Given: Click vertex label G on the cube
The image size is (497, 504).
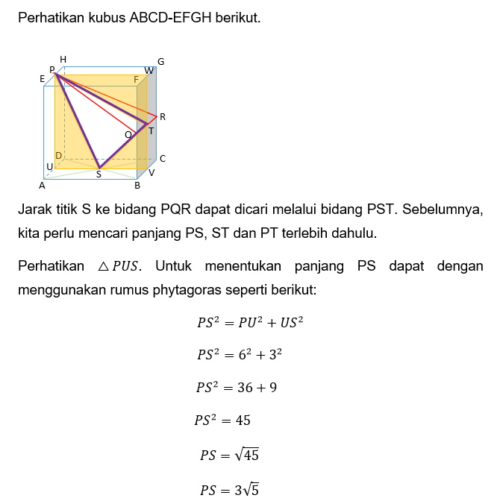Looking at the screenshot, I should tap(160, 61).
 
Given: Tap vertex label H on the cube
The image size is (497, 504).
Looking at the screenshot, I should tap(63, 60).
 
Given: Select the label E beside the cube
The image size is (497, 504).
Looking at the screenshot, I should tap(42, 78).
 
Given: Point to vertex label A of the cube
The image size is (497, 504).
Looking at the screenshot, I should tap(42, 185).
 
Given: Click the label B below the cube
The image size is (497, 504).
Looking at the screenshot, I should tap(137, 185).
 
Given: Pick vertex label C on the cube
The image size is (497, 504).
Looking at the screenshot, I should tap(162, 159).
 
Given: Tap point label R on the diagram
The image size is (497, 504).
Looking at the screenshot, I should tap(162, 117).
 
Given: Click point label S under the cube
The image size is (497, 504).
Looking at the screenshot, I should tap(99, 174).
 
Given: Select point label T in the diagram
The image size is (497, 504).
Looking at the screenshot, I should tap(151, 131).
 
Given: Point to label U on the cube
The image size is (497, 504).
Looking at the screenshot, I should tap(49, 167).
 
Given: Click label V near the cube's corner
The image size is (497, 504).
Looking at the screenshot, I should tap(151, 172).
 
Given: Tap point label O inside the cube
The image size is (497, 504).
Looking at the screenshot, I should tap(128, 134).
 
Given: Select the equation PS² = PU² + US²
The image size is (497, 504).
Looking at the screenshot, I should tap(249, 323).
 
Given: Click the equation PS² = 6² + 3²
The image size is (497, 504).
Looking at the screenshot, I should tap(239, 355).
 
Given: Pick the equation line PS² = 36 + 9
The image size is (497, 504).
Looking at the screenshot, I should tap(237, 387).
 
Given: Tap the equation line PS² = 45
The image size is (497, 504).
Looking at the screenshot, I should tap(222, 420).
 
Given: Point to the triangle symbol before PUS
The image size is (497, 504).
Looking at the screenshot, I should tap(104, 266).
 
